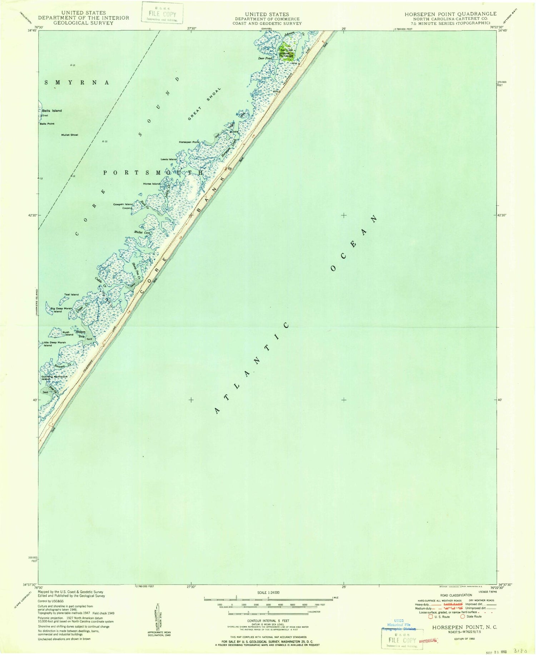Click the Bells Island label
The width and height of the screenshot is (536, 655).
(52, 111)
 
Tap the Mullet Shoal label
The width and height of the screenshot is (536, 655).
(69, 135)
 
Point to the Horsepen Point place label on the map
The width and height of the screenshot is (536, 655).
(189, 142)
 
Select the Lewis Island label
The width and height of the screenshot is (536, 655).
(169, 159)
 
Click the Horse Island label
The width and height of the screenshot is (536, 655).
(152, 184)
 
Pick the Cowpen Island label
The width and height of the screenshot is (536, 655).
(123, 204)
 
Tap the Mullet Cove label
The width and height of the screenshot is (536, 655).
(143, 232)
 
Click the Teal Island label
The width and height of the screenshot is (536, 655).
(71, 294)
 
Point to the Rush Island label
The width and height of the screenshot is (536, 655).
(68, 333)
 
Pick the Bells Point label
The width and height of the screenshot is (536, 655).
(47, 124)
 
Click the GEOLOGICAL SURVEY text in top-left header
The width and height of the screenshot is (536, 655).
(83, 23)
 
